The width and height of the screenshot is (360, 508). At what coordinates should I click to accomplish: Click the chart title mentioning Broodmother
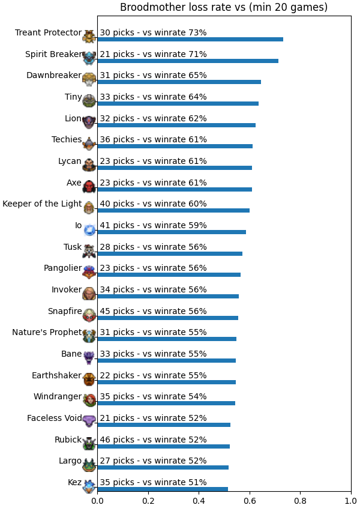click(224, 7)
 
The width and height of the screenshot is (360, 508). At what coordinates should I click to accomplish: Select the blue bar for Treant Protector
click(190, 39)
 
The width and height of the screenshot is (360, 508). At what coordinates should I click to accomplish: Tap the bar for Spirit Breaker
click(188, 61)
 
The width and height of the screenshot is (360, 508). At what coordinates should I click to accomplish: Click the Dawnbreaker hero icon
click(89, 79)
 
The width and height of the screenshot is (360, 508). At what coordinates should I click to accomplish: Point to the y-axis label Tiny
click(73, 97)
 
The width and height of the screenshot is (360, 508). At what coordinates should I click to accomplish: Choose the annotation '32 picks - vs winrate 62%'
click(153, 118)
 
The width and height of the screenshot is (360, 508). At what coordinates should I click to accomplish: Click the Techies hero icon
click(89, 144)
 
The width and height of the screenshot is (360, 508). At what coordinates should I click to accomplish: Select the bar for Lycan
click(175, 168)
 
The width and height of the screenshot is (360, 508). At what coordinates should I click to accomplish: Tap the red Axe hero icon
click(89, 187)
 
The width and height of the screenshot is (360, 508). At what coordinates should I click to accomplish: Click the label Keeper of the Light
click(42, 204)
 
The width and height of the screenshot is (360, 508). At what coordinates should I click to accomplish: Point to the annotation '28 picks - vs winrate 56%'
click(153, 247)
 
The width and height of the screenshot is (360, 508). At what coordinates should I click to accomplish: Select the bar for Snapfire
click(167, 318)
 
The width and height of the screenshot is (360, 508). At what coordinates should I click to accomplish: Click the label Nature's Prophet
click(47, 333)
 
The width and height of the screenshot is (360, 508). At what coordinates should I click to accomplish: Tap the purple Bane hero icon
click(89, 358)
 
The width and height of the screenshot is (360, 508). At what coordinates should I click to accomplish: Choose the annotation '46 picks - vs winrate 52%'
click(153, 440)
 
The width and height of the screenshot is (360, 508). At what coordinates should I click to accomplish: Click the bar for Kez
click(163, 489)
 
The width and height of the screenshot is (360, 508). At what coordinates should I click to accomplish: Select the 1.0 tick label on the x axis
click(351, 501)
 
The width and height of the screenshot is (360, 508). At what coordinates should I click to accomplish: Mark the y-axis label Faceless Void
click(55, 419)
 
